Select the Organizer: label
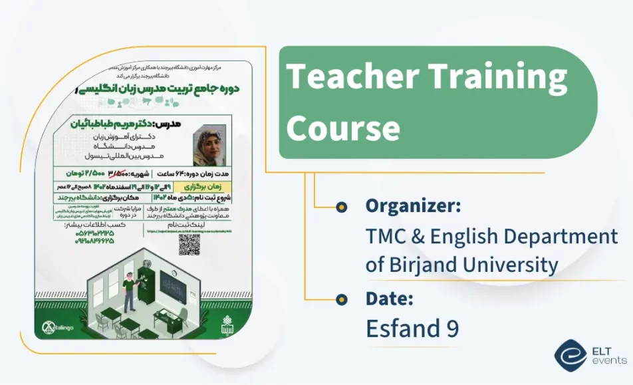[413, 206]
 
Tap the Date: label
[390, 299]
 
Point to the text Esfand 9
[412, 328]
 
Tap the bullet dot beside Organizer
[342, 207]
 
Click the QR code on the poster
[190, 244]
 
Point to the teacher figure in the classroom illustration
[130, 289]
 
